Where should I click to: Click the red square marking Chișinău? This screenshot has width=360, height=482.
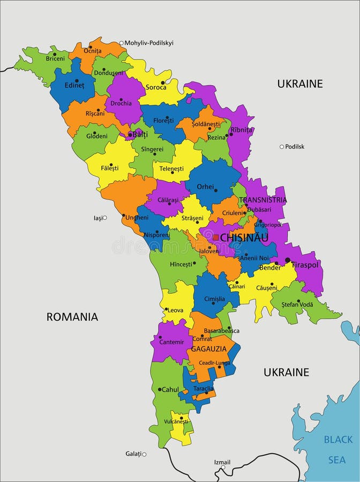tap(216, 237)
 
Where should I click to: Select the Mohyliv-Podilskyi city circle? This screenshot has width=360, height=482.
tap(122, 43)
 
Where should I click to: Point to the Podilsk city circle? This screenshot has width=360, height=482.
tap(281, 146)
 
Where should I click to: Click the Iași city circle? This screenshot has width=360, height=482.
tap(105, 217)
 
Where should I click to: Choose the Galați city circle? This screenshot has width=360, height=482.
tap(144, 454)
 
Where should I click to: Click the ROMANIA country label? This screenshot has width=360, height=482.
tap(72, 317)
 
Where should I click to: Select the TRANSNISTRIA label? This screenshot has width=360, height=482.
tap(263, 200)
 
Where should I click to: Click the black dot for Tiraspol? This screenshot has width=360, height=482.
tap(288, 260)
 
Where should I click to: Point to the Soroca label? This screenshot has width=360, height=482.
tap(156, 87)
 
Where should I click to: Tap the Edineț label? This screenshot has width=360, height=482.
tap(74, 85)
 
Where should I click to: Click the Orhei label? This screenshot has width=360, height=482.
tap(205, 187)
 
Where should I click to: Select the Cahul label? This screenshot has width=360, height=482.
tap(170, 389)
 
